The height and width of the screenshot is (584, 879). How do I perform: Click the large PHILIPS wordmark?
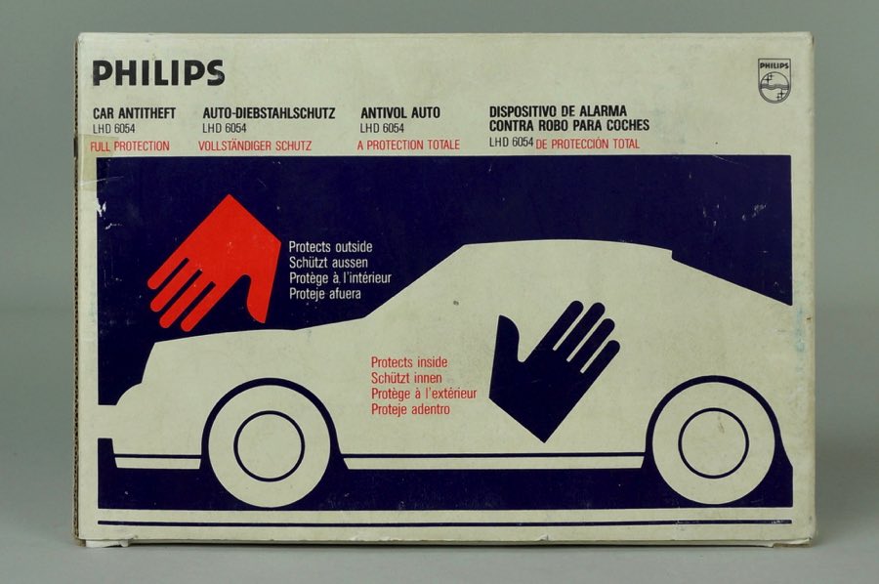click(x=158, y=73)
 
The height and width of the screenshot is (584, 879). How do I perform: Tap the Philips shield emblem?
click(x=774, y=81)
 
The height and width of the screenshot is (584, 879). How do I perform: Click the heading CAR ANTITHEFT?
click(x=134, y=113)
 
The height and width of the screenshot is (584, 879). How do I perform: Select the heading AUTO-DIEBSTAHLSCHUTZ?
click(x=270, y=113)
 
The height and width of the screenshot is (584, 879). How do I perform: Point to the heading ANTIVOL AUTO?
click(x=400, y=112)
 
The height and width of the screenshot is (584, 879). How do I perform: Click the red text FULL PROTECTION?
click(x=130, y=146)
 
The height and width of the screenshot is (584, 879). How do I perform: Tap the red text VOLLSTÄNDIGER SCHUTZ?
click(x=255, y=146)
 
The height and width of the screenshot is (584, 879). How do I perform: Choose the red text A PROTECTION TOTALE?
click(x=408, y=145)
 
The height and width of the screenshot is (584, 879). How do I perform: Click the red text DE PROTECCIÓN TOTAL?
click(x=588, y=144)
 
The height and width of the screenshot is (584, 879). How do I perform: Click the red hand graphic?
click(x=215, y=263)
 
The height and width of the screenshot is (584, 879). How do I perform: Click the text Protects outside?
click(x=330, y=247)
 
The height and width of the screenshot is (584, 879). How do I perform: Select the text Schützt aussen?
click(x=328, y=263)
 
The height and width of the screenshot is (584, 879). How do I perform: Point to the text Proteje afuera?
click(x=325, y=293)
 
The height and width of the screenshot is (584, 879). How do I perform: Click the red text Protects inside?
click(x=409, y=362)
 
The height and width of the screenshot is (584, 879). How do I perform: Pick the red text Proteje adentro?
click(x=410, y=409)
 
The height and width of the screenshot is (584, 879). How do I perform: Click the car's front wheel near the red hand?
click(x=270, y=445)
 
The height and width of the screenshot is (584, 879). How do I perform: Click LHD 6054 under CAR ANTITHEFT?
click(x=114, y=128)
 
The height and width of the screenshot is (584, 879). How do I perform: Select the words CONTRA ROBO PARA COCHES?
click(x=569, y=125)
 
